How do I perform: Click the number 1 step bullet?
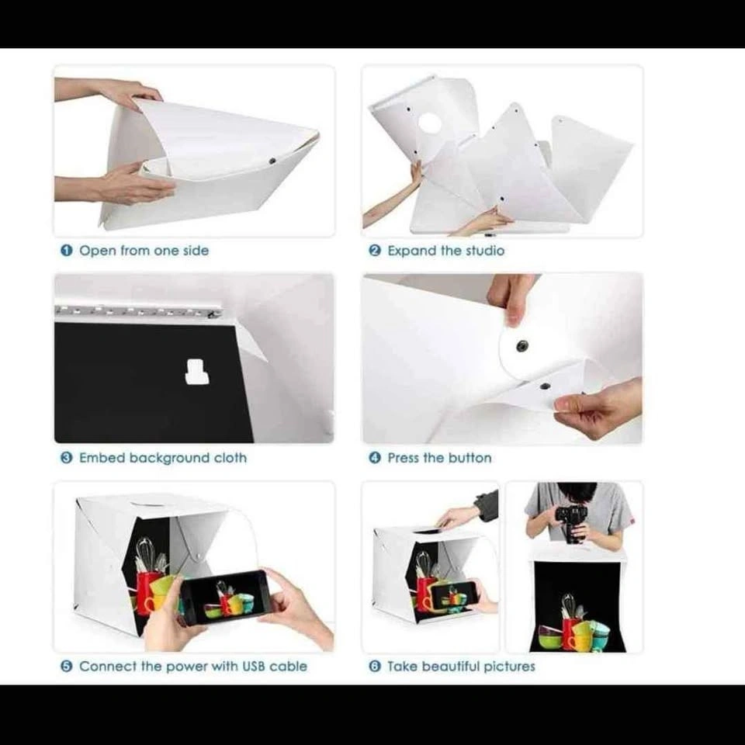[67, 251]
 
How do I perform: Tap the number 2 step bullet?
[375, 251]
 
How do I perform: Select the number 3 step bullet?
[67, 458]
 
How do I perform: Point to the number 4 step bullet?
[375, 458]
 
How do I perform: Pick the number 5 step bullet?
[67, 666]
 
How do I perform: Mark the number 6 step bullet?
[375, 666]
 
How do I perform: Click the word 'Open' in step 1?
[98, 251]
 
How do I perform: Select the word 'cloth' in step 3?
[230, 458]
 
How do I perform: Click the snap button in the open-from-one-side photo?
[272, 161]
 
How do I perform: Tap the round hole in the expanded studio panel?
[429, 123]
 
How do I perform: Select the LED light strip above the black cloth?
[139, 311]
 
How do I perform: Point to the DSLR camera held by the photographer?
[572, 522]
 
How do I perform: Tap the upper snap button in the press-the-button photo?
[521, 345]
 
